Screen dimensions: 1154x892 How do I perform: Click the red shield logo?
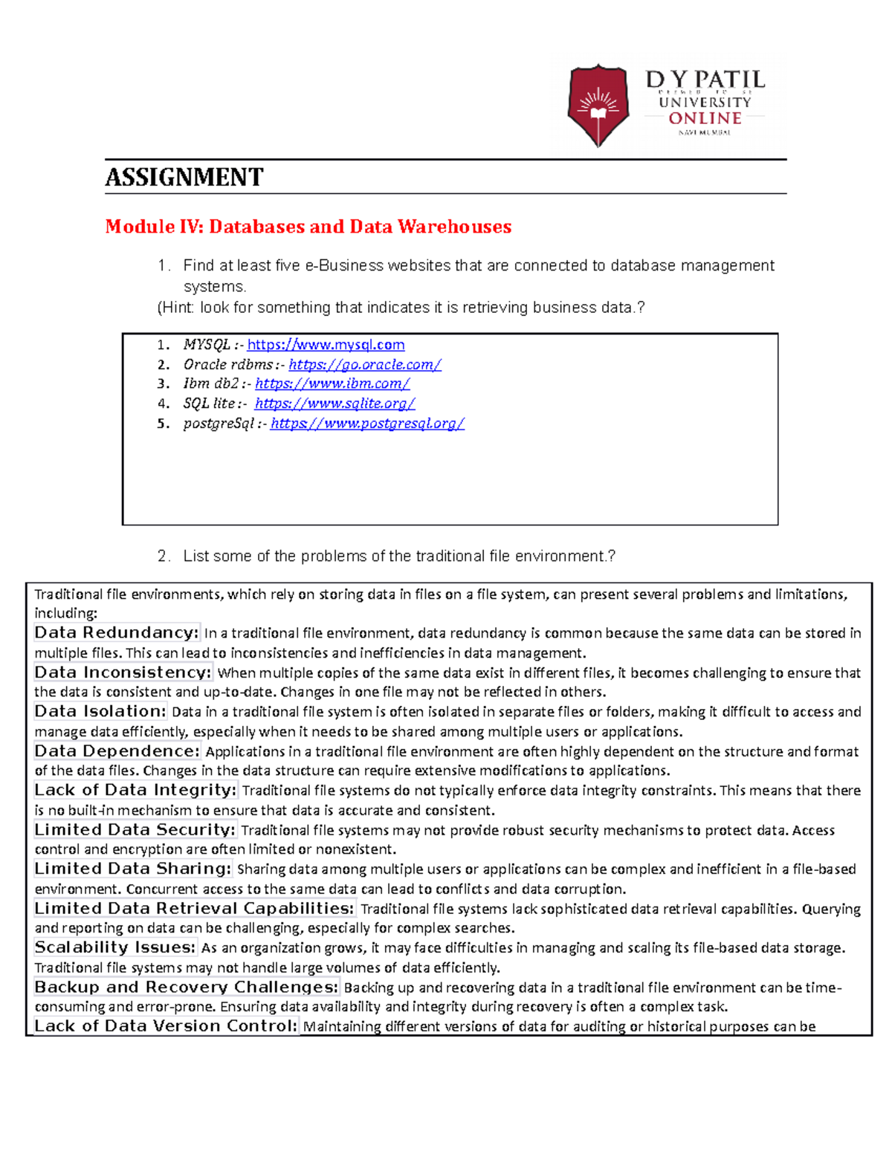tap(598, 105)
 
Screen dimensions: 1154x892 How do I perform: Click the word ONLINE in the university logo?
tap(704, 118)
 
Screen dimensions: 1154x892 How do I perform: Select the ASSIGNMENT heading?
tap(184, 178)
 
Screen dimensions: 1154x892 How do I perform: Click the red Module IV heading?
tap(308, 227)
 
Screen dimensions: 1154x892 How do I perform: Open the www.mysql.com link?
tap(326, 345)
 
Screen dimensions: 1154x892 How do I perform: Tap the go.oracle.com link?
tap(365, 365)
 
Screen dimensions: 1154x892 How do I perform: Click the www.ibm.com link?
tap(332, 383)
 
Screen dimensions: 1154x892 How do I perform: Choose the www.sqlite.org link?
tap(334, 403)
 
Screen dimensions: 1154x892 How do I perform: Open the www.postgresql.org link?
tap(367, 424)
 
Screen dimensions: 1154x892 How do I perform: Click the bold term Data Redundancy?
tap(117, 633)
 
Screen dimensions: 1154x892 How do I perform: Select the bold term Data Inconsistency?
tap(123, 672)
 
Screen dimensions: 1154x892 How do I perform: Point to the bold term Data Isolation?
tap(100, 711)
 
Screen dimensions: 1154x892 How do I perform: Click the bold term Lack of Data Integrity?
tap(135, 790)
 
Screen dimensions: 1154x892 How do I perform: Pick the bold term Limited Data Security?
tap(135, 829)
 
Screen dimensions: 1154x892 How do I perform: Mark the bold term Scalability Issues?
tap(115, 947)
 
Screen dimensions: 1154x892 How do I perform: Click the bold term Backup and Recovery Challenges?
tap(187, 987)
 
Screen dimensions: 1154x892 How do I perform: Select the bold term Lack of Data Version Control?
tap(167, 1026)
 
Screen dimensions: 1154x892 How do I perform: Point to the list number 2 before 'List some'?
tap(163, 556)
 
